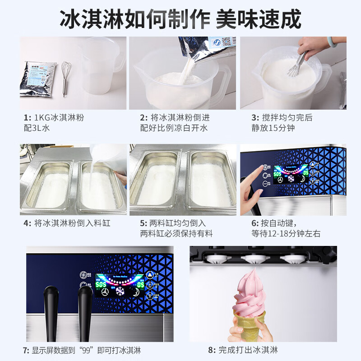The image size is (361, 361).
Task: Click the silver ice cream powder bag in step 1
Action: coord(39,79)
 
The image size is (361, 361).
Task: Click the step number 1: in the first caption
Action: coord(28,118)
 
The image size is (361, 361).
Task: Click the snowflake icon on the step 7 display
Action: coord(120,291)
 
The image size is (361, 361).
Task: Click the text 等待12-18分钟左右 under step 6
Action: coord(286,234)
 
